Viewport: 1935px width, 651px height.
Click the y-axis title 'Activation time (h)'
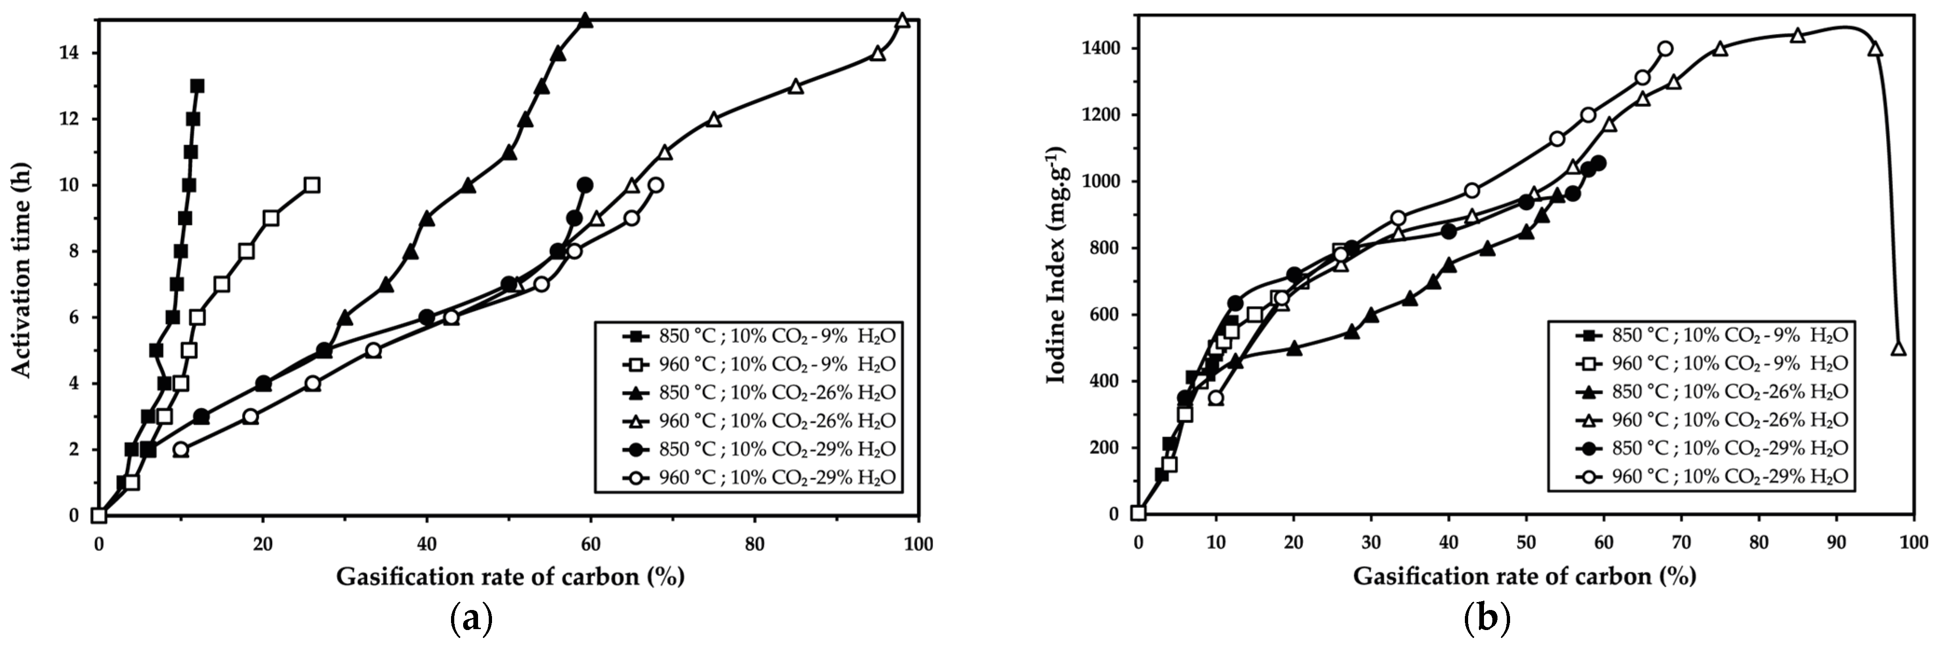22,269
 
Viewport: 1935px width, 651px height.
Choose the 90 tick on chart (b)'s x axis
1835,542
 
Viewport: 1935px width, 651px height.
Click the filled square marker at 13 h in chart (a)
197,86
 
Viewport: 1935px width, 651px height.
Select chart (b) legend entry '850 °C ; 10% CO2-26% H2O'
1728,391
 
